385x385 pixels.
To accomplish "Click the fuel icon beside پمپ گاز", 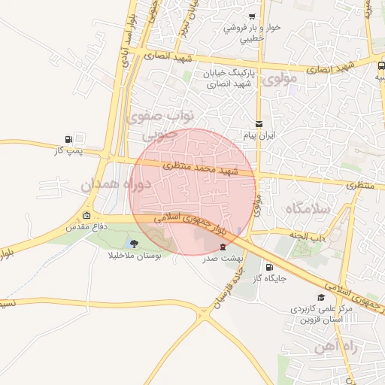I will (70, 139).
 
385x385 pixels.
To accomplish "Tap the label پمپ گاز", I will (67, 151).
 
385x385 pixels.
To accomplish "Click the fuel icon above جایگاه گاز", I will (269, 266).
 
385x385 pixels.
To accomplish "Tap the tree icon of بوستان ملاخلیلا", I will (134, 243).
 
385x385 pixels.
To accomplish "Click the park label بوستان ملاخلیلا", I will (134, 255).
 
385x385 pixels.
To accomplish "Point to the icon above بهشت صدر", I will (222, 247).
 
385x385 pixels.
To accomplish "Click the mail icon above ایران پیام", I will (259, 124).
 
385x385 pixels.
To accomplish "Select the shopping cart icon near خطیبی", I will (252, 17).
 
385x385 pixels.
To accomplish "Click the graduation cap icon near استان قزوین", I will (321, 298).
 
